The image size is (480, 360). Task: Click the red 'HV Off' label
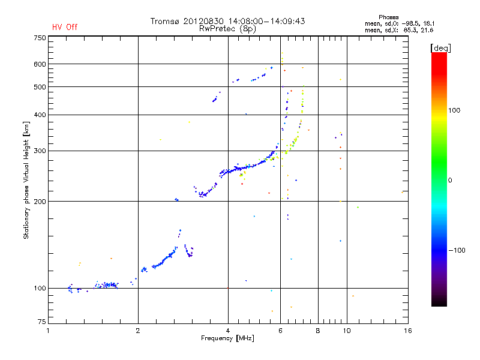pos(65,27)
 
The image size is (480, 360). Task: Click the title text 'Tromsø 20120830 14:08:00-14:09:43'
pos(227,21)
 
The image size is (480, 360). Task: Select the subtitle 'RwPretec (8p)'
pos(227,29)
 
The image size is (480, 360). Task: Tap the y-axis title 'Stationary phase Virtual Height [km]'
pos(26,180)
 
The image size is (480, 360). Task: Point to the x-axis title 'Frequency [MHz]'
pos(227,338)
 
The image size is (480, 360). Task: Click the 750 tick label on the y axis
pos(40,38)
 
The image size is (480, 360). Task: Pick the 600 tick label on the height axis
pos(40,64)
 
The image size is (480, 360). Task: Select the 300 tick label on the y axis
pos(40,151)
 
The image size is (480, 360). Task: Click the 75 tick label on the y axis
pos(42,322)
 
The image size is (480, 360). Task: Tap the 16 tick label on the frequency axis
pos(408,331)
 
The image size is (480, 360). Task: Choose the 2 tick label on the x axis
pos(138,331)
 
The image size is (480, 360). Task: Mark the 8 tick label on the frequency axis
pos(318,331)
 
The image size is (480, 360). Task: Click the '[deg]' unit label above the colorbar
pos(440,49)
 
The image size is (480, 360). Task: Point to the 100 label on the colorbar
pos(454,110)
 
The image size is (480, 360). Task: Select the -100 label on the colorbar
pos(457,250)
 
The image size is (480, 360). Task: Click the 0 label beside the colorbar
pos(450,181)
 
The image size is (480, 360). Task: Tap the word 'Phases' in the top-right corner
pos(388,17)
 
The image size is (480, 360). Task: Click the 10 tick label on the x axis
pos(347,331)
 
